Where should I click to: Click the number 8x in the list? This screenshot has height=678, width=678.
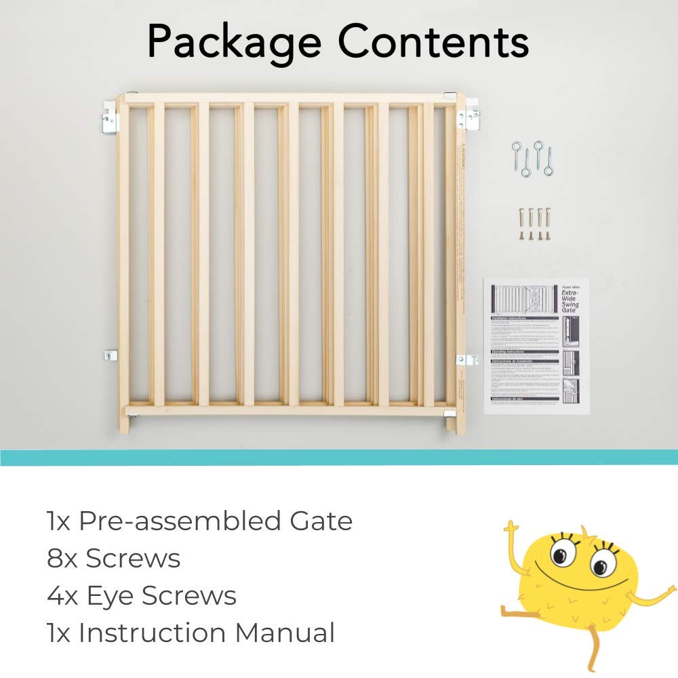(x=62, y=559)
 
